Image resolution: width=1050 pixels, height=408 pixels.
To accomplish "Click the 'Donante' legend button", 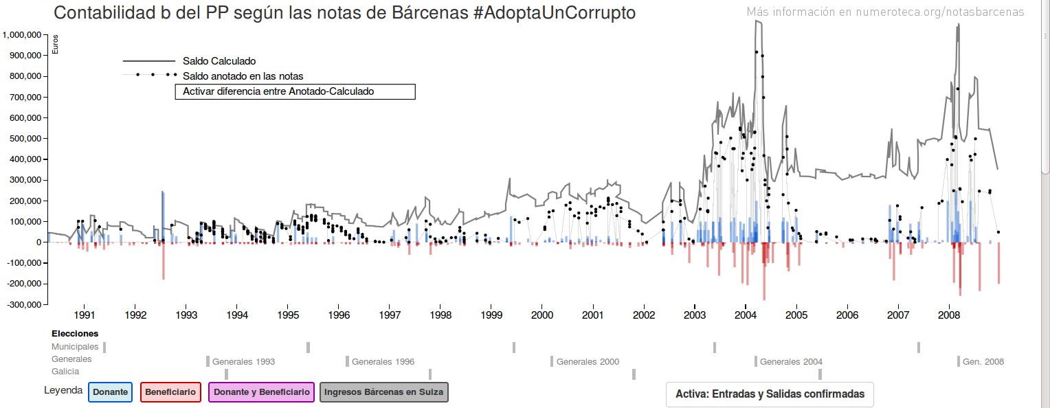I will [x=110, y=392].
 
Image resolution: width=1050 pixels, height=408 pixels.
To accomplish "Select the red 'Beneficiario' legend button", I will [x=170, y=392].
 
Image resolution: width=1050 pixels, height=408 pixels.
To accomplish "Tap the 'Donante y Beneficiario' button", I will [x=261, y=392].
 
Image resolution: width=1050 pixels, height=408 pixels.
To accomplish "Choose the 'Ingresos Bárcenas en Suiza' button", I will [x=384, y=392].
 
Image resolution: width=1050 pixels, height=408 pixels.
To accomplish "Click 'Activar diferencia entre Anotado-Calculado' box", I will [x=295, y=91].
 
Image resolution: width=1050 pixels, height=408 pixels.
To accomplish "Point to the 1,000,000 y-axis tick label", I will [x=24, y=35].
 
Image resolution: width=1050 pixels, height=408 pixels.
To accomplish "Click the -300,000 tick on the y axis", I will [x=24, y=304].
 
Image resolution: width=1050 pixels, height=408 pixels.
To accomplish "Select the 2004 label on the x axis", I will [x=746, y=315].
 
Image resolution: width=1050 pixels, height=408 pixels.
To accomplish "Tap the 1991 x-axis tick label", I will [x=85, y=315].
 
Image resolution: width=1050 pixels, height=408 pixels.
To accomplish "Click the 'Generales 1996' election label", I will [x=383, y=362].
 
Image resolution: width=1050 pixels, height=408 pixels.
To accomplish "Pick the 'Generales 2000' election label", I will [x=588, y=362].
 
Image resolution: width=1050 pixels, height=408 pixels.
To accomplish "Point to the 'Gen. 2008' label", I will [x=983, y=362].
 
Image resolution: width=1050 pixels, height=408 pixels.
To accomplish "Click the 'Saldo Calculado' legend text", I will [x=219, y=62].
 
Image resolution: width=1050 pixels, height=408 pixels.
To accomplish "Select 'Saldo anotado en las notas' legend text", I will [x=243, y=76].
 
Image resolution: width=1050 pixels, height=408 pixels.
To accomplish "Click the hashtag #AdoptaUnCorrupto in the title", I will [x=554, y=13].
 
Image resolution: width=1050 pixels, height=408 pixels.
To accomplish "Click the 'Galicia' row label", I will [x=65, y=372].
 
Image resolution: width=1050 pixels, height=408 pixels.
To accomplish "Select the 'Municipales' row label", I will [x=75, y=347].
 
